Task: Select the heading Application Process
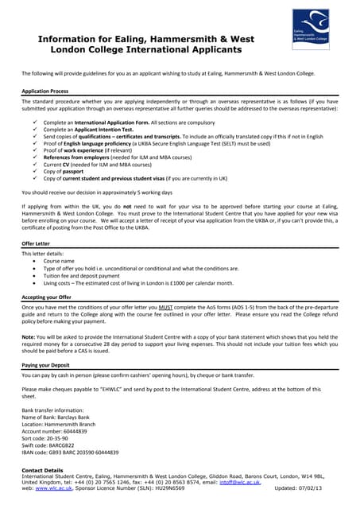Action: pos(45,91)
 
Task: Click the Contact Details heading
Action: pos(43,470)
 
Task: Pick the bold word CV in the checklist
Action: pos(68,165)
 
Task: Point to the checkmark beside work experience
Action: pos(34,150)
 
